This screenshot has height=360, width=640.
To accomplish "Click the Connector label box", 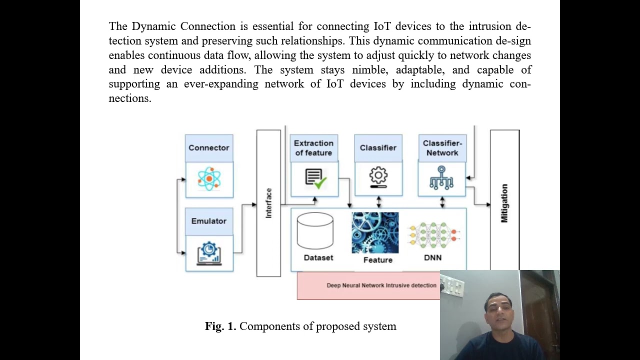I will pos(209,148).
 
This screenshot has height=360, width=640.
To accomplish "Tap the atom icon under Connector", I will pos(209,178).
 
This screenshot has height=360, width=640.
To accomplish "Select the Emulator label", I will pos(209,221).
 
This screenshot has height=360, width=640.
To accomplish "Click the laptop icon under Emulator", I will pos(209,253).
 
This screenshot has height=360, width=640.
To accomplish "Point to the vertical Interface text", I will pos(268,203).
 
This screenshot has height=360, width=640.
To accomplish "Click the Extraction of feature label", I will pos(313,148).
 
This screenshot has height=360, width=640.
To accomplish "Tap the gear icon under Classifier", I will pos(378,177).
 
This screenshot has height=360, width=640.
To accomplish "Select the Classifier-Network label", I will pos(442,148).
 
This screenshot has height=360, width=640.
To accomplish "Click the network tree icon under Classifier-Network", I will pos(441,178).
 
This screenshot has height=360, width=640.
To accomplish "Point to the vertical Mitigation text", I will pos(504,203).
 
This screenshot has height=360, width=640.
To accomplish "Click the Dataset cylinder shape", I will pos(315,231).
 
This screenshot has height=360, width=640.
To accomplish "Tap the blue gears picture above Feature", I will pos(375,232).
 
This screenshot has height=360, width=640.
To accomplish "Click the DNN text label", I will pos(433,258).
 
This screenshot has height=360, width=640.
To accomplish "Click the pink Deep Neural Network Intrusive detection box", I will pos(369,285).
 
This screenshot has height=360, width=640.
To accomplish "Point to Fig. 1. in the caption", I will pos(220,326).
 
